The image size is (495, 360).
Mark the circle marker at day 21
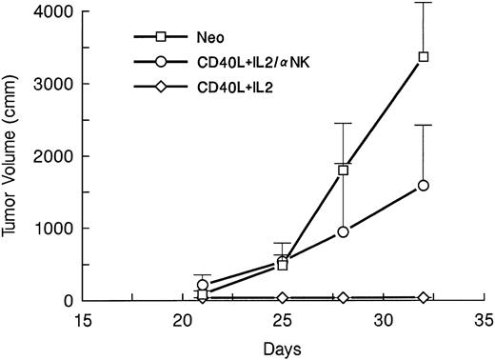tap(202, 285)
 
